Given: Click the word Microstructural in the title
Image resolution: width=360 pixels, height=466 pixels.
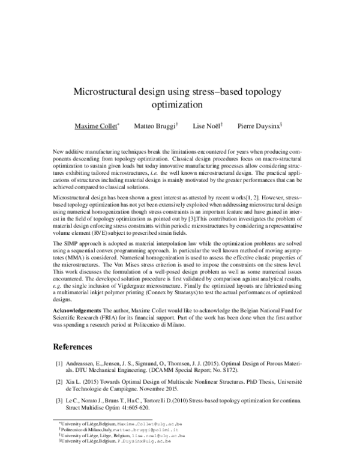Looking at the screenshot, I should (104, 92).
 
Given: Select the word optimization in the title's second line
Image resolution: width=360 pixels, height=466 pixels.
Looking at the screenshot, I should (179, 104).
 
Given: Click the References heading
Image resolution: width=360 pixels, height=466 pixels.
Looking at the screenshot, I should (73, 346).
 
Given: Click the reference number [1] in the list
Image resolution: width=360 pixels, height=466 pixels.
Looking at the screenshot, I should (59, 364).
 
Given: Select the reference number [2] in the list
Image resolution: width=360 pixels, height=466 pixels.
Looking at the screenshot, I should (59, 383).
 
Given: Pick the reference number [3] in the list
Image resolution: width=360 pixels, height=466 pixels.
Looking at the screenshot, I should (59, 401).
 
